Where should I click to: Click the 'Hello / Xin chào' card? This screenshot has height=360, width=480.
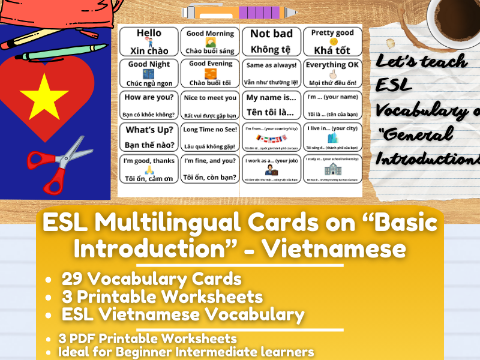[149, 41]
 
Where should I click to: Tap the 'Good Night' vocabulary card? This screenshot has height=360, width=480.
[149, 73]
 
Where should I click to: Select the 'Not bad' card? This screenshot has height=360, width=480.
[271, 41]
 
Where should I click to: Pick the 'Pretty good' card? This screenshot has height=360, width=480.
[332, 41]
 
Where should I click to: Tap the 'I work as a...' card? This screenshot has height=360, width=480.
[271, 169]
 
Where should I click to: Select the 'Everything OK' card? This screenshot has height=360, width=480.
[332, 73]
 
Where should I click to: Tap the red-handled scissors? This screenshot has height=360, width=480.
[57, 159]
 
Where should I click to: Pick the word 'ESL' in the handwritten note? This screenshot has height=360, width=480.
[394, 86]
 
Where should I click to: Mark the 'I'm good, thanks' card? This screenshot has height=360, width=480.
[149, 169]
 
